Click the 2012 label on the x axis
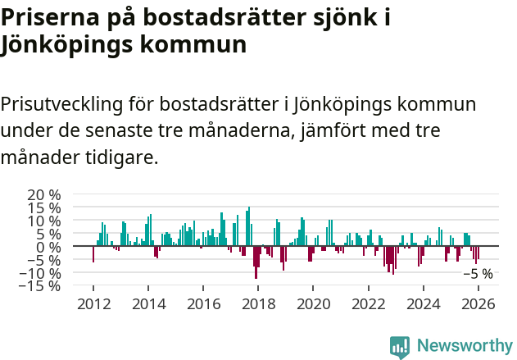coord(93,304)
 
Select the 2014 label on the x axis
coord(148,304)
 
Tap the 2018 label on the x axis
coord(258,304)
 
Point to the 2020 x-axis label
coord(313,304)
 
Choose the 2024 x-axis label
coord(423,304)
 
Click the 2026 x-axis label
coord(478,304)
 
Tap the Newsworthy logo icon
coord(400,346)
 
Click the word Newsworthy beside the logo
coord(464,346)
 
